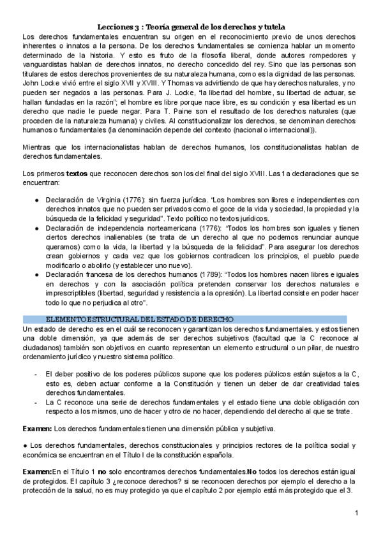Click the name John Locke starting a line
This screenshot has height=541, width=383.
click(x=40, y=84)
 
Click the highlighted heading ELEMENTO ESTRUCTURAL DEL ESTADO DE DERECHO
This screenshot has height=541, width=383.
click(x=140, y=318)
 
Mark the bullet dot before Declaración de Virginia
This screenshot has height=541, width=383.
click(x=38, y=200)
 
